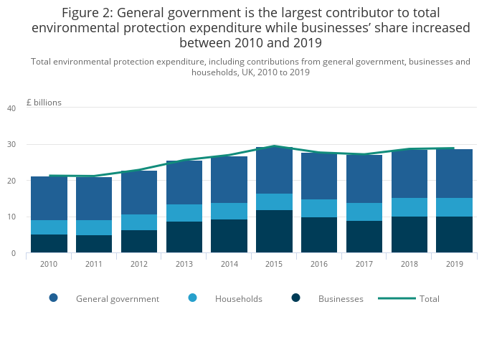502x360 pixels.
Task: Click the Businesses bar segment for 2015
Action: click(275, 231)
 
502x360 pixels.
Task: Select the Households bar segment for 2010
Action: click(49, 227)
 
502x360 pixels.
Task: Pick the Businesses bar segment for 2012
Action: click(139, 241)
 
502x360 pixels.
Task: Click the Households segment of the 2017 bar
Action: click(364, 212)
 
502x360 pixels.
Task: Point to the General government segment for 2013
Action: click(184, 183)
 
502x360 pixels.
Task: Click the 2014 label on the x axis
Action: click(229, 264)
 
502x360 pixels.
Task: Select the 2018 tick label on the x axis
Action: click(409, 264)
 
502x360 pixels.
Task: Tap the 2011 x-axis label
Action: click(94, 264)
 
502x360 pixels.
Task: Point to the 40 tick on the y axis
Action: click(11, 108)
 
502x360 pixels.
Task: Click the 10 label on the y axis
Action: click(11, 217)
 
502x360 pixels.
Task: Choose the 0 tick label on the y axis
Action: click(13, 253)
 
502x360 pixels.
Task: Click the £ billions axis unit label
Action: click(44, 103)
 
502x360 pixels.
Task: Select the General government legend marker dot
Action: click(54, 298)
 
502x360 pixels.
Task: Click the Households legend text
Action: click(239, 298)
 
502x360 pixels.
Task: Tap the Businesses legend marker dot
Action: click(296, 298)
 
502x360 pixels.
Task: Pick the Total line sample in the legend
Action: click(394, 298)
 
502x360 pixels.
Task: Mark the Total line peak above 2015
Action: click(275, 146)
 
